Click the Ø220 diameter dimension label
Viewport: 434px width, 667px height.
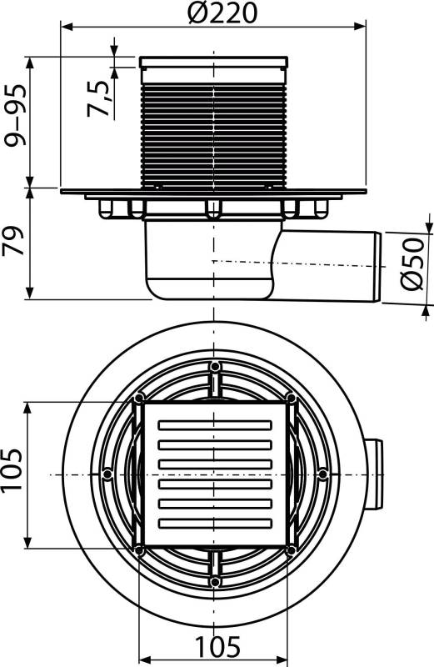coord(216,13)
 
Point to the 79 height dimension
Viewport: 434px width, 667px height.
coord(13,243)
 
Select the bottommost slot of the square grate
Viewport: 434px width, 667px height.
coord(214,523)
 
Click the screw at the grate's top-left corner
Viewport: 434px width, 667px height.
coord(138,399)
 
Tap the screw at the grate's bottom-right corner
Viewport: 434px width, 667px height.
coord(290,550)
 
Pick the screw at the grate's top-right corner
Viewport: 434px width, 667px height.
coord(290,399)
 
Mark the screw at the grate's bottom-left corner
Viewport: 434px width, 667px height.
coord(138,550)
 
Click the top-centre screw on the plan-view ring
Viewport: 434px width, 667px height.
coord(215,367)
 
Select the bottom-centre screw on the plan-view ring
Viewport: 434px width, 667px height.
coord(215,580)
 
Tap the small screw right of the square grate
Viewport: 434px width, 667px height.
coord(323,474)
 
